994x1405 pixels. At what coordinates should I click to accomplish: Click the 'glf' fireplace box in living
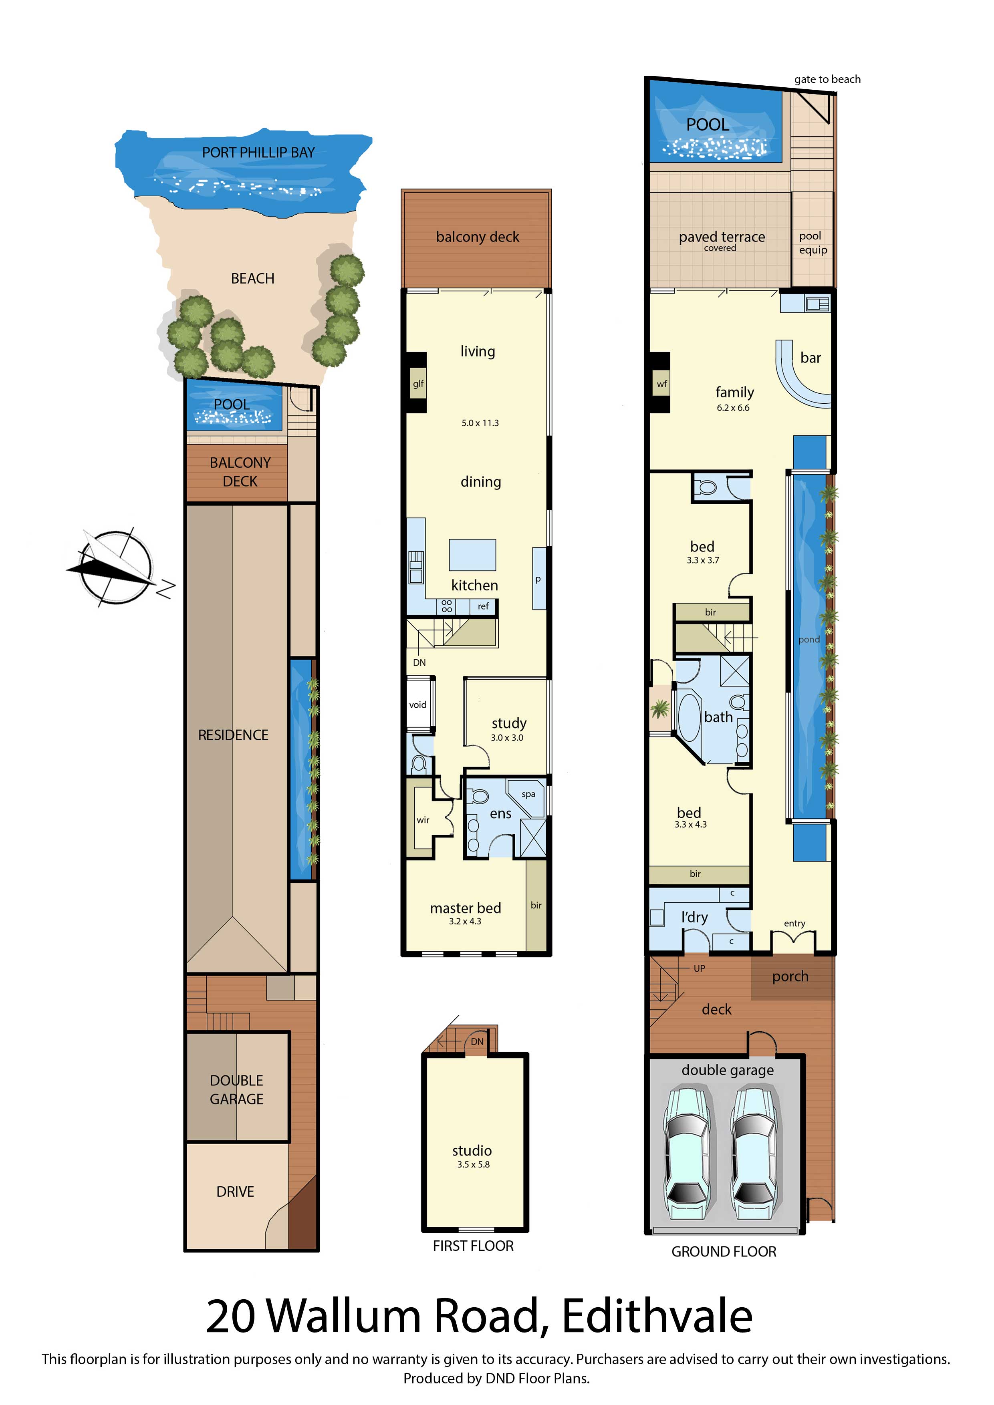click(x=418, y=384)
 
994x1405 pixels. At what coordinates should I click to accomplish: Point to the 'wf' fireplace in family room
click(x=661, y=384)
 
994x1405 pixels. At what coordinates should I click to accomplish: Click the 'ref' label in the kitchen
click(x=483, y=606)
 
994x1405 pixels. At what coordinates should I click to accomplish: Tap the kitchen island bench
click(x=472, y=554)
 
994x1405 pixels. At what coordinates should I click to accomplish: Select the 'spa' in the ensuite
click(x=528, y=794)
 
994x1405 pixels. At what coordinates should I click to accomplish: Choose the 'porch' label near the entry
click(x=790, y=976)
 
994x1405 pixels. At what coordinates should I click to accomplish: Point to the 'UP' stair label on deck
click(x=699, y=968)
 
